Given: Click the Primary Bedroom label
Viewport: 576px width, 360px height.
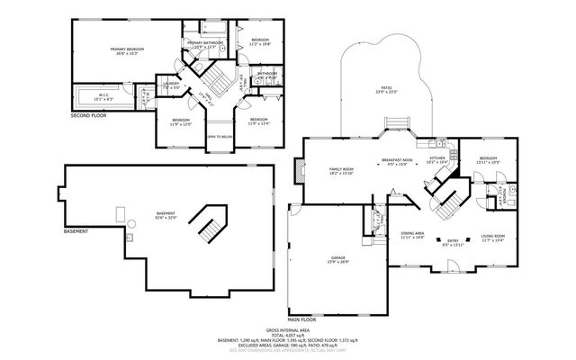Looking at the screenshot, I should coord(130,49).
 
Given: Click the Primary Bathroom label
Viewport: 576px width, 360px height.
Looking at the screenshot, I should coord(205,43).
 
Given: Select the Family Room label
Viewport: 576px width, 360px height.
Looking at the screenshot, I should coord(341,169).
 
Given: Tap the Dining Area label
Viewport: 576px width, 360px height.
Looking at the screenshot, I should coord(413,233).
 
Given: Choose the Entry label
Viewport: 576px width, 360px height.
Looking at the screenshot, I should coord(454,239).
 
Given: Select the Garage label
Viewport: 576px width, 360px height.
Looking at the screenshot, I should coord(337,260).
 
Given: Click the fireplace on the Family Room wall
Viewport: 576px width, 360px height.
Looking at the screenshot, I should coord(299,172).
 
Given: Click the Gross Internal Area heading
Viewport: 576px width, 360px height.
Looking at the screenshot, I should coord(287,329).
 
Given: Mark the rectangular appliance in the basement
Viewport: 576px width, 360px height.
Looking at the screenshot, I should coord(119,213).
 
